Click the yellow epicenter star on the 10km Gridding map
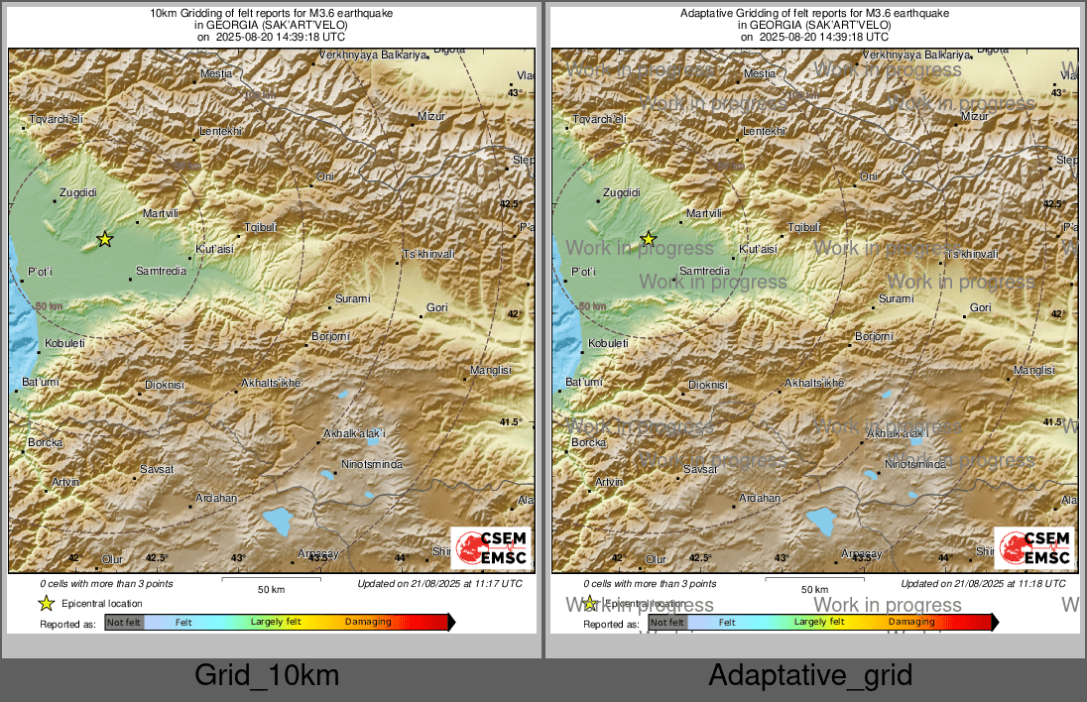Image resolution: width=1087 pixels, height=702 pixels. pyautogui.click(x=104, y=239)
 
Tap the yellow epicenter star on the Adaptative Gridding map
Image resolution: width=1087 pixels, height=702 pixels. pyautogui.click(x=648, y=239)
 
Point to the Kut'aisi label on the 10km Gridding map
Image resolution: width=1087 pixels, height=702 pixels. pyautogui.click(x=214, y=248)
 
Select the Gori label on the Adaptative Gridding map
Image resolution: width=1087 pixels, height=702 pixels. pyautogui.click(x=980, y=308)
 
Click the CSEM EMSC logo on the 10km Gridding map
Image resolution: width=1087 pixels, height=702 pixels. pyautogui.click(x=491, y=548)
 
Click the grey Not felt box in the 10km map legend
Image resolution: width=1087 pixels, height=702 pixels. pyautogui.click(x=124, y=623)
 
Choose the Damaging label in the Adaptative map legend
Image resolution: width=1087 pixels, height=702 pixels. pyautogui.click(x=911, y=622)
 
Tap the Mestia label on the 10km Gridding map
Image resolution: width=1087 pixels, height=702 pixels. pyautogui.click(x=216, y=73)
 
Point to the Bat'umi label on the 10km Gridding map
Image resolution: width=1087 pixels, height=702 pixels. pyautogui.click(x=42, y=382)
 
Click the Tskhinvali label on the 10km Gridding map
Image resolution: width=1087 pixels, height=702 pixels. pyautogui.click(x=428, y=255)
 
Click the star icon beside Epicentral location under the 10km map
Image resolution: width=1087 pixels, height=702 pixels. pyautogui.click(x=46, y=603)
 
